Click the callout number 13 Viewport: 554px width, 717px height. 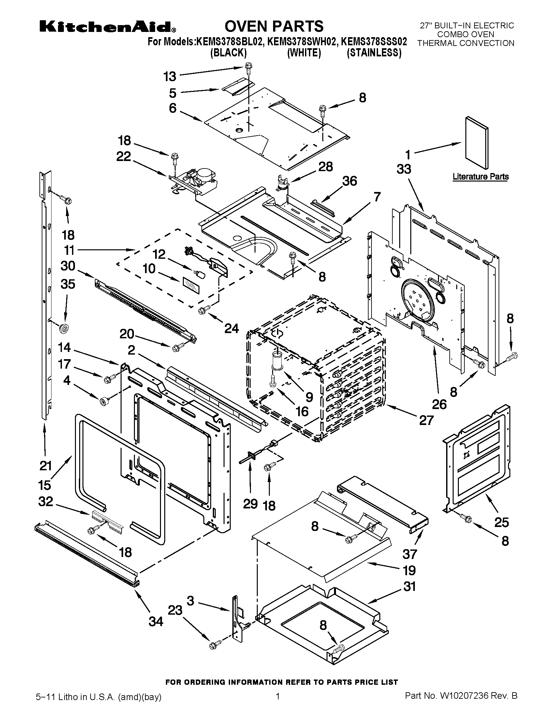[170, 77]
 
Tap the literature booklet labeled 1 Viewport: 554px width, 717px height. [476, 143]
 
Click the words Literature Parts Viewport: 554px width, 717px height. [480, 177]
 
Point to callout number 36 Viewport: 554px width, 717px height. [350, 181]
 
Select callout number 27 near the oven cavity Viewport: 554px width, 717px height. [426, 420]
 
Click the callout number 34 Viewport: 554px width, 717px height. [155, 621]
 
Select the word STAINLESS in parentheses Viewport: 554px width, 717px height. [374, 52]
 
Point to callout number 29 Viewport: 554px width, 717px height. [250, 504]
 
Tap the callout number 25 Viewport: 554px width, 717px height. [502, 522]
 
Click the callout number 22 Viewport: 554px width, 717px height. [124, 156]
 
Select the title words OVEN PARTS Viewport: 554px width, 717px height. [274, 26]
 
